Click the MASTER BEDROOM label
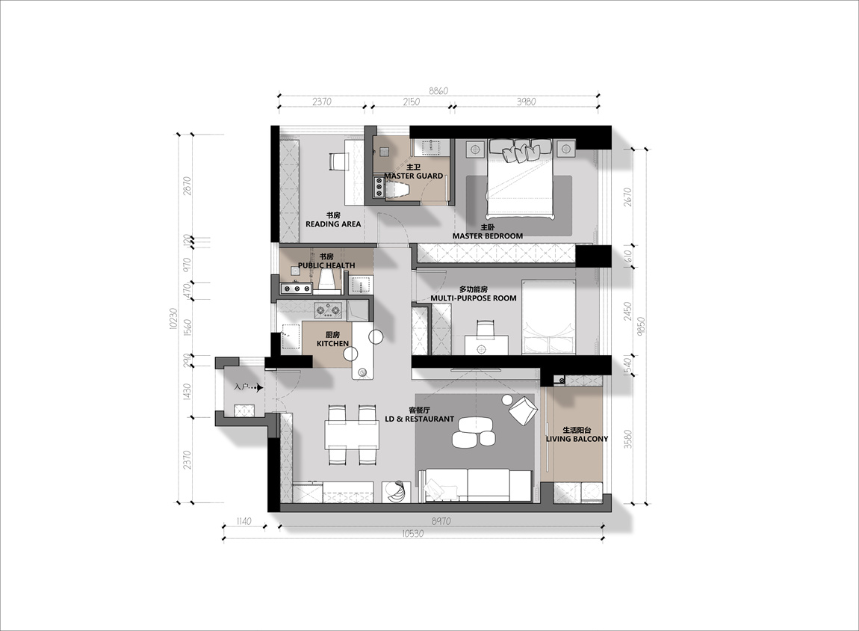coord(488,236)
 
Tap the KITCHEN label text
coord(332,344)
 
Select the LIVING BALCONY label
coord(577,439)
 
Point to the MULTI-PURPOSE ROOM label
coord(474,298)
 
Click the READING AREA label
coord(333,224)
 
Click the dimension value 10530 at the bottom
coord(412,533)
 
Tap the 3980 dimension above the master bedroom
coord(526,102)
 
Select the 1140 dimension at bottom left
coord(243,521)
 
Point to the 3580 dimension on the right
coord(628,439)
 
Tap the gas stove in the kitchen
coord(328,310)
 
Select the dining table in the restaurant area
coord(352,434)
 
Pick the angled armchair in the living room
coord(523,410)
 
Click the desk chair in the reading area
coord(338,161)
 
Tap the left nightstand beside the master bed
coord(475,148)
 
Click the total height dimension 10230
coord(173,318)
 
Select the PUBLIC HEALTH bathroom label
coord(326,265)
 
